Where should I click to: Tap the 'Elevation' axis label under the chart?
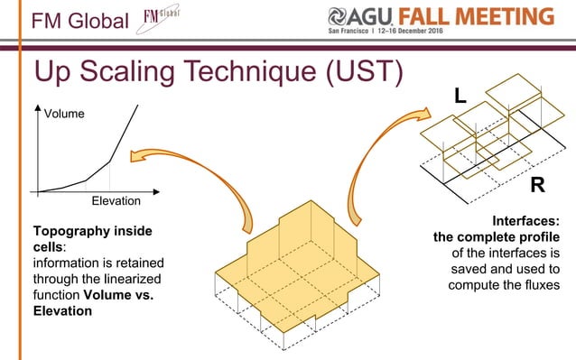(x=117, y=200)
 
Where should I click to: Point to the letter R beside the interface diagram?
(x=537, y=186)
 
